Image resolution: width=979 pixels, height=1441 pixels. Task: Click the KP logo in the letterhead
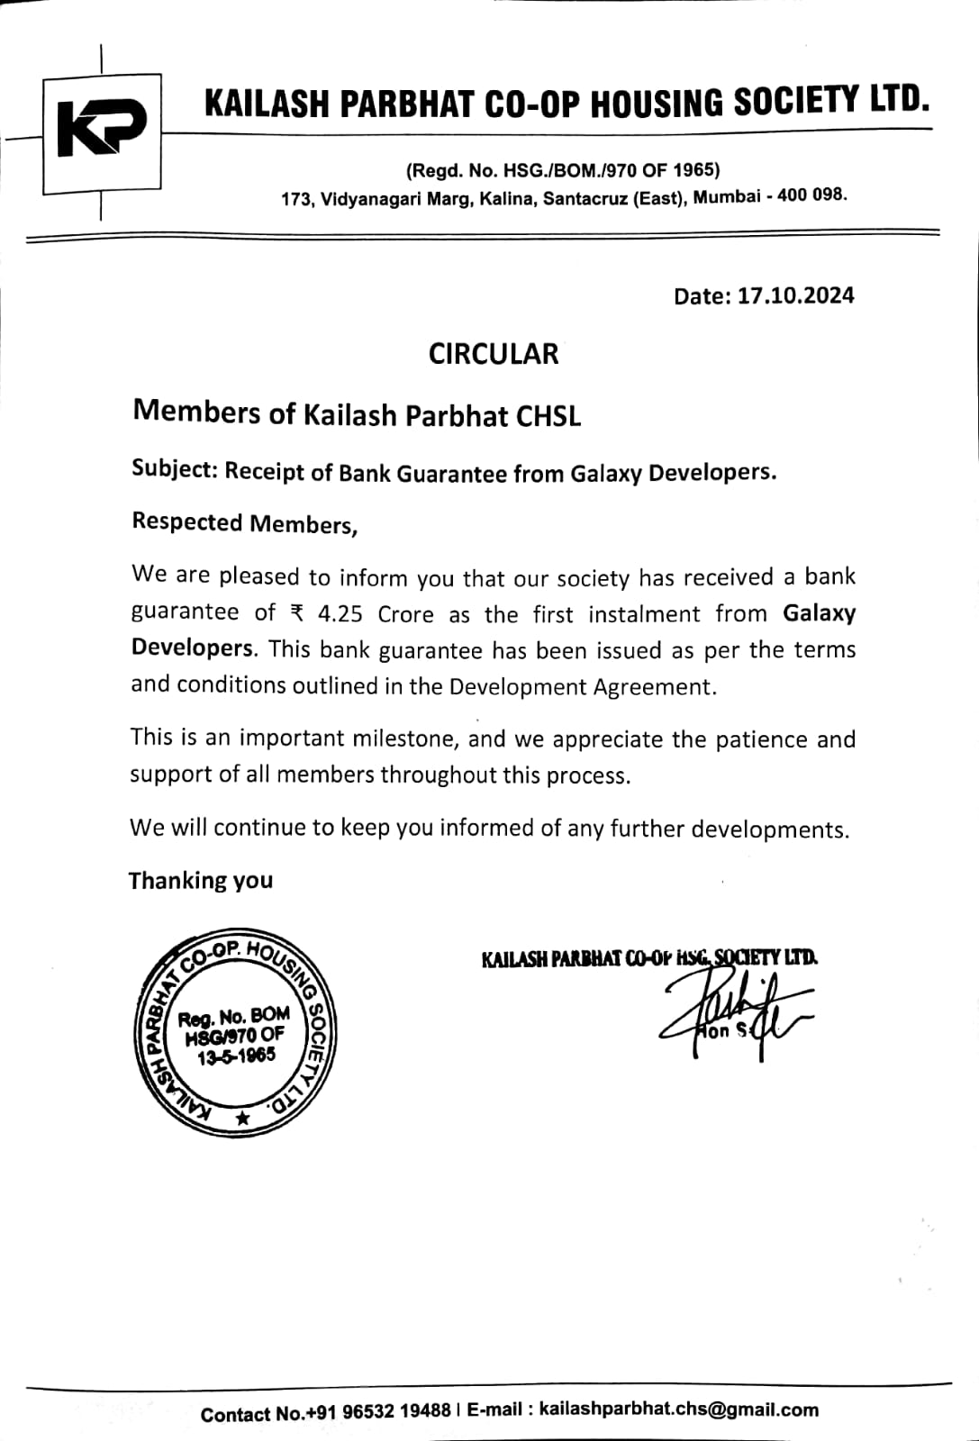coord(100,131)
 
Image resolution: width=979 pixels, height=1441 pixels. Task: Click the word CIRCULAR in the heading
coord(494,353)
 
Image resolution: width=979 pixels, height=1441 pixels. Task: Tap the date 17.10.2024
coord(795,295)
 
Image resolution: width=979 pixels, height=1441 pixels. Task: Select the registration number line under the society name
coord(563,170)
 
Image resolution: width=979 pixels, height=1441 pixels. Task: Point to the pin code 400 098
coord(811,195)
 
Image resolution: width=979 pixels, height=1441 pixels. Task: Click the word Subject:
coord(175,469)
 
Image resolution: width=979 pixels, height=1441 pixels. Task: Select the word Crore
coord(405,614)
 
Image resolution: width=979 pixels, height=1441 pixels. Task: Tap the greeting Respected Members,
coord(245,523)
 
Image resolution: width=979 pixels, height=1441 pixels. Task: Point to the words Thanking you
coord(200,880)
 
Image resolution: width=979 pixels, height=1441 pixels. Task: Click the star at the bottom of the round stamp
coord(241,1119)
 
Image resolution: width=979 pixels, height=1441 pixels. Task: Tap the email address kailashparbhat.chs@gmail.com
coord(679,1409)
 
